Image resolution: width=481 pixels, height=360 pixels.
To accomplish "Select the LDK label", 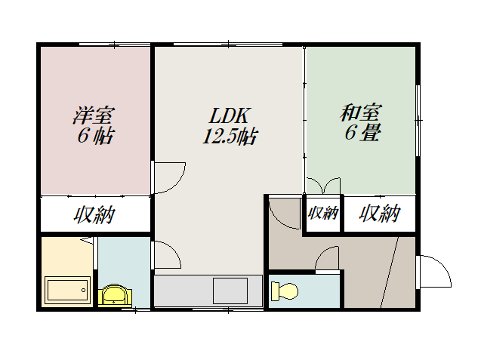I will tap(229, 116).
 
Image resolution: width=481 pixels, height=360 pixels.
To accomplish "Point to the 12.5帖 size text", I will tap(229, 137).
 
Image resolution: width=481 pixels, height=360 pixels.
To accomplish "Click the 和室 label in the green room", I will tap(360, 113).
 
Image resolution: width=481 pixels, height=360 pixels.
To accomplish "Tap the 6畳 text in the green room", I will tap(362, 134).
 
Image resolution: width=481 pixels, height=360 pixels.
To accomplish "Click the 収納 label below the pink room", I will tap(94, 215).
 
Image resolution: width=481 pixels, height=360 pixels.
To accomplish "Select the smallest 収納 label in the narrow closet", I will tap(323, 214).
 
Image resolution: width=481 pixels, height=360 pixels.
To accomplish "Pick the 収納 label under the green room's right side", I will tap(378, 214).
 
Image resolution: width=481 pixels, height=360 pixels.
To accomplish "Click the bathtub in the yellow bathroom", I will tap(67, 289).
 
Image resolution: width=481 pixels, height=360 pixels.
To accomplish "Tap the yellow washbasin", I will tap(114, 294).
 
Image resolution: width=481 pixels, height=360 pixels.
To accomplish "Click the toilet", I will tap(285, 291).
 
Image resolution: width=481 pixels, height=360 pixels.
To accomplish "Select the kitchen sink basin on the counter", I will tap(230, 289).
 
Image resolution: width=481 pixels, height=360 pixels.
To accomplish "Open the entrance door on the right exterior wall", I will tap(433, 272).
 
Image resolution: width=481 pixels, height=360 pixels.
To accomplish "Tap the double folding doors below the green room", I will tap(324, 186).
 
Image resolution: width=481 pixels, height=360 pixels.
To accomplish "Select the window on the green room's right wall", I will tap(418, 121).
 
